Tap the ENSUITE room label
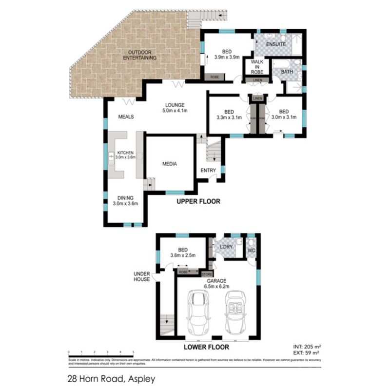[275, 45]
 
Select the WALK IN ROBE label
[257, 67]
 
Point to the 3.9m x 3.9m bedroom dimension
[227, 57]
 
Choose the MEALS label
[126, 117]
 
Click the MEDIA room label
[169, 164]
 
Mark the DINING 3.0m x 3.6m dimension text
[122, 204]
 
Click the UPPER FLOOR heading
[198, 201]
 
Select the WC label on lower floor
[252, 251]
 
